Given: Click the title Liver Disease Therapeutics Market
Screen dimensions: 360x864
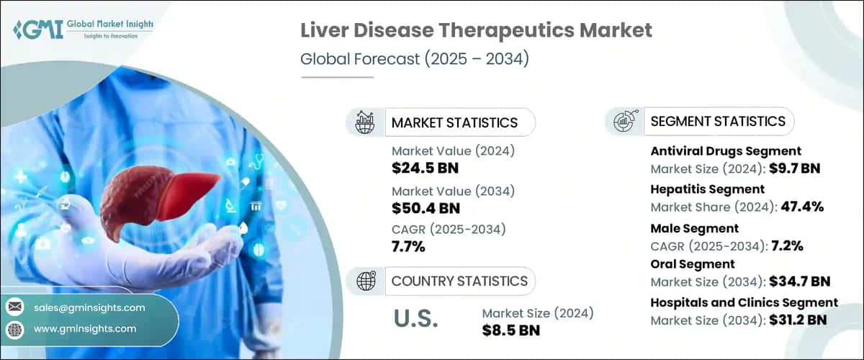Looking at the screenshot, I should pyautogui.click(x=477, y=30).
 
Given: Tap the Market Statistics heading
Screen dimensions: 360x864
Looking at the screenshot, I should pyautogui.click(x=454, y=122).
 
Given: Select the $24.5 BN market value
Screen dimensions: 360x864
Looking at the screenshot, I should pyautogui.click(x=425, y=168).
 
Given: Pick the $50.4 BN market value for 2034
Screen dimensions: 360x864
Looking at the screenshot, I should pyautogui.click(x=425, y=208).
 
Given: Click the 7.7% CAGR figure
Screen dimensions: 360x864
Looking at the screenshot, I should pyautogui.click(x=408, y=247).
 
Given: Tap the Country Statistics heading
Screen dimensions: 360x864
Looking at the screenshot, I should pyautogui.click(x=459, y=281).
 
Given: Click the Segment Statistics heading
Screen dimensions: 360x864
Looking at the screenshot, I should pyautogui.click(x=717, y=121).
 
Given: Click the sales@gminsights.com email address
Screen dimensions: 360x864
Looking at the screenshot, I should pyautogui.click(x=89, y=307).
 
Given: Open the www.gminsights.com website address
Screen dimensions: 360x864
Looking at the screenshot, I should pyautogui.click(x=85, y=328).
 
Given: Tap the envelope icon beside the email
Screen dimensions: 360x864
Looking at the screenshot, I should pyautogui.click(x=14, y=307).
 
